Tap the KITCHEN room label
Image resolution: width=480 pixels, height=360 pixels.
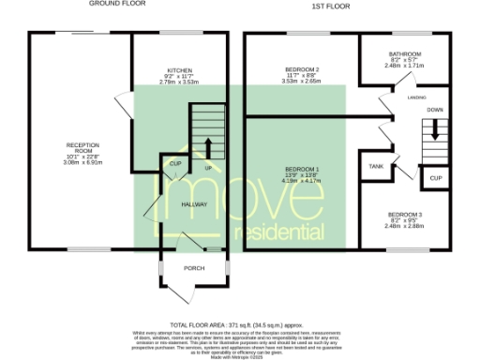click(179, 70)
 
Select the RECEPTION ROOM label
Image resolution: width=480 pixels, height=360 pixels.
click(76, 148)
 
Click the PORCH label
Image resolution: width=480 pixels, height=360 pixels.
click(194, 268)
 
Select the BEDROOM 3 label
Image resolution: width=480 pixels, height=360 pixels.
click(405, 215)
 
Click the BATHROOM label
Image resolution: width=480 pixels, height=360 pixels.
click(406, 54)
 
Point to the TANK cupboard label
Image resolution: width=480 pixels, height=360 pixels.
click(376, 166)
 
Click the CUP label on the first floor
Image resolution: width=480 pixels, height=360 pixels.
click(437, 177)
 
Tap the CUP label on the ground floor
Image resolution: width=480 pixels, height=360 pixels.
click(175, 163)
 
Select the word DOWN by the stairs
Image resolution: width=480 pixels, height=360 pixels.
click(436, 110)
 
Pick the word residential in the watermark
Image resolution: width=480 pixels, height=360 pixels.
click(275, 230)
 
